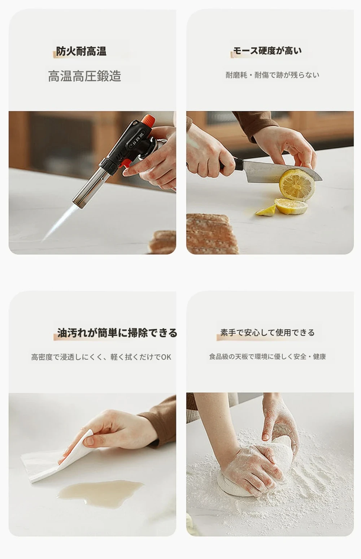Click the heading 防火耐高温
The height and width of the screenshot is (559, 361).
[81, 51]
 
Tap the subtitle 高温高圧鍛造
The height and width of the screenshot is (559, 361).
[84, 76]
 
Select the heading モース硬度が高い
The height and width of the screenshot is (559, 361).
[267, 51]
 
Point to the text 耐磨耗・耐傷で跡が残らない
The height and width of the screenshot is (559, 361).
[273, 75]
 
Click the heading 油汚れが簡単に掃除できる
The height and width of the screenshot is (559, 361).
[117, 333]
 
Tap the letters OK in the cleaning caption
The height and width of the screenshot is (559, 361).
[166, 357]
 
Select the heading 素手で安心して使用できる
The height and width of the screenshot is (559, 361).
[267, 333]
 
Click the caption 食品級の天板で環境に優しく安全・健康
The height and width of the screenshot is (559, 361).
[268, 357]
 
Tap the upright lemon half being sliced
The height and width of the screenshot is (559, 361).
[297, 184]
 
